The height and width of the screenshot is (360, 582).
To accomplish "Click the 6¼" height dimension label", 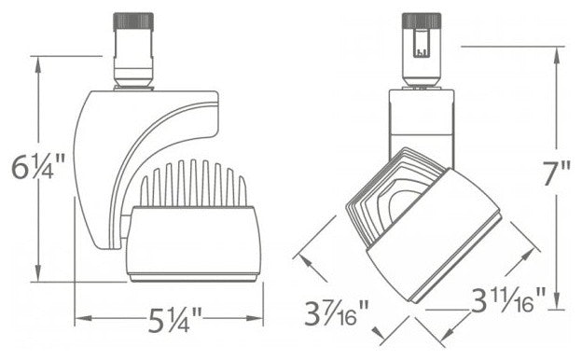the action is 38,167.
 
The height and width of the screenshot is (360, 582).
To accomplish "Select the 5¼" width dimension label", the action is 174,320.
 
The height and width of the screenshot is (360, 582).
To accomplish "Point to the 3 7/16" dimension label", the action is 337,312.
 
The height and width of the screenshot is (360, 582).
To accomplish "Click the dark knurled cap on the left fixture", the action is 133,21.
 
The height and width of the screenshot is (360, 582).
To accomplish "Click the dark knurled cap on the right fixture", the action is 422,21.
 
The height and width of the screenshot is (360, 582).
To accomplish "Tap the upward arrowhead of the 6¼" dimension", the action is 38,63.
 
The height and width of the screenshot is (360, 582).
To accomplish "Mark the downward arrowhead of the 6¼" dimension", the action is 38,274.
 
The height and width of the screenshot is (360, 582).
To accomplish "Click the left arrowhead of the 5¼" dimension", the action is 83,318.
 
